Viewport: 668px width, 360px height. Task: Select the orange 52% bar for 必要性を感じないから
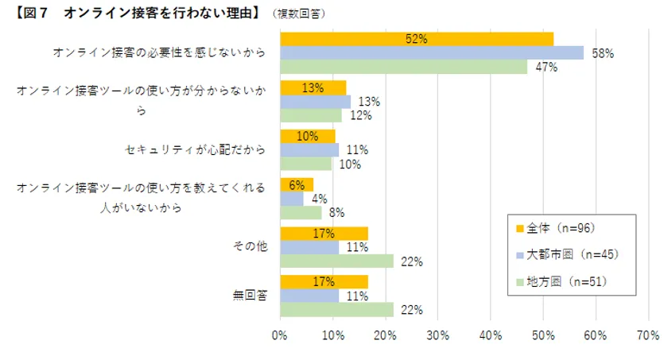click(417, 38)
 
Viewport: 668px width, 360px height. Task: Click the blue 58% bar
click(432, 52)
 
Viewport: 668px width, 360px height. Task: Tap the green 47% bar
click(403, 67)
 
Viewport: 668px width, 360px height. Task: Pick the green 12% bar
click(311, 115)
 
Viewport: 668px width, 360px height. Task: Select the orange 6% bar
click(297, 184)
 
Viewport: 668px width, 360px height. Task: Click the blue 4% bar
click(292, 199)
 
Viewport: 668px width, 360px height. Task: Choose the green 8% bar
click(301, 213)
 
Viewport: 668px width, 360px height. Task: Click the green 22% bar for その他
click(337, 261)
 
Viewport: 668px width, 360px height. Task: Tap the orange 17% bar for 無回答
click(324, 281)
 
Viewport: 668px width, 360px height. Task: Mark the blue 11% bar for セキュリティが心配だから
click(309, 149)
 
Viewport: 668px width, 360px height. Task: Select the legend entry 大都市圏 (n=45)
click(566, 254)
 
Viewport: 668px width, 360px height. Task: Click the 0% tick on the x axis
click(280, 335)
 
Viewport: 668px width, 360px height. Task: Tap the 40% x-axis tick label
click(491, 335)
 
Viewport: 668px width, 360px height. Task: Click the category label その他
click(250, 246)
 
